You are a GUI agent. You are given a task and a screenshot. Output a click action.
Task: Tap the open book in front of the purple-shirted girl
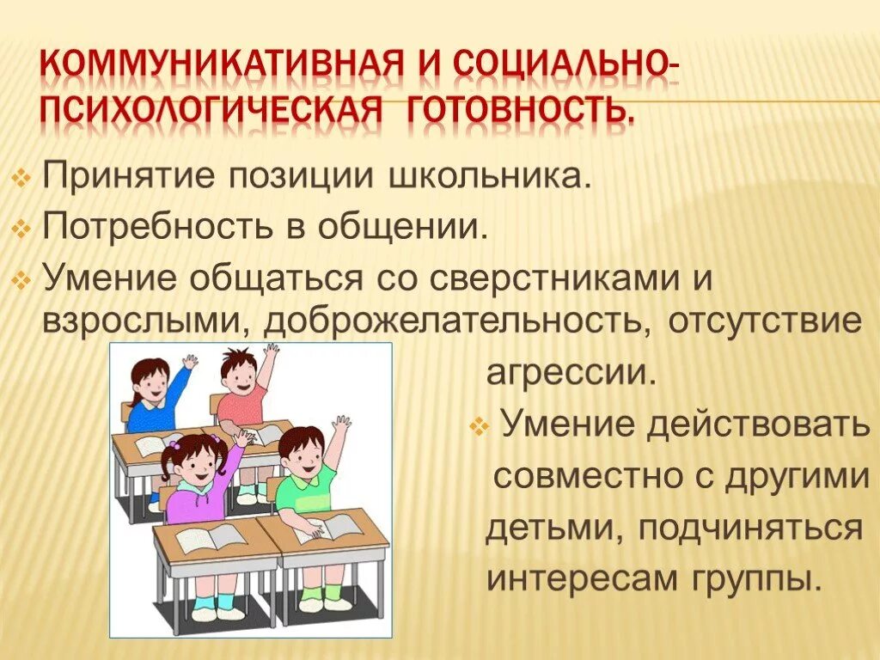[x=210, y=538]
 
